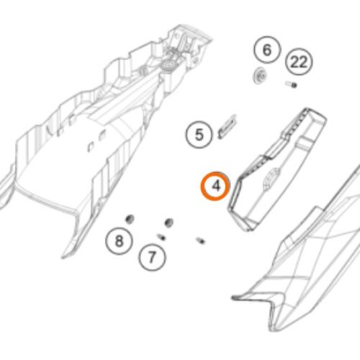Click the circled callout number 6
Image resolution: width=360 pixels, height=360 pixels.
(267, 50)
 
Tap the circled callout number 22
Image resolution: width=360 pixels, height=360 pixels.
(299, 62)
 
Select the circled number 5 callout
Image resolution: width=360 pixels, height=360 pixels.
(199, 135)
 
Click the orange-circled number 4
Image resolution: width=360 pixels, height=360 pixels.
(216, 186)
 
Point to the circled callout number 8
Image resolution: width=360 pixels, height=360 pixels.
(119, 240)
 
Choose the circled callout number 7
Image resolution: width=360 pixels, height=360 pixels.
(152, 257)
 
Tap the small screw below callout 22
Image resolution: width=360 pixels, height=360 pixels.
(292, 84)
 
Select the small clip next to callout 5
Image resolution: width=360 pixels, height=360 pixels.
(227, 127)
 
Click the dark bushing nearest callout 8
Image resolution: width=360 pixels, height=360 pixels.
(130, 219)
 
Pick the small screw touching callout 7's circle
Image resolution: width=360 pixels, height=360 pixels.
(161, 237)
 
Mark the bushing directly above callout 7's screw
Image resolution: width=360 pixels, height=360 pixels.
(169, 222)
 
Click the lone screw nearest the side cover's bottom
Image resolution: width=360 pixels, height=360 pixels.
(200, 240)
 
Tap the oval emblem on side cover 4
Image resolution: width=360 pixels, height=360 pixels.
(271, 179)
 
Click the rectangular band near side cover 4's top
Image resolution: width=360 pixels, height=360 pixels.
(306, 144)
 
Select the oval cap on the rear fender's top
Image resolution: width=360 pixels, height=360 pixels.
(170, 64)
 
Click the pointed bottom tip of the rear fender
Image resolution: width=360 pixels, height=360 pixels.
(63, 257)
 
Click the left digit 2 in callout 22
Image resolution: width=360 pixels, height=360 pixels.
(295, 62)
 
